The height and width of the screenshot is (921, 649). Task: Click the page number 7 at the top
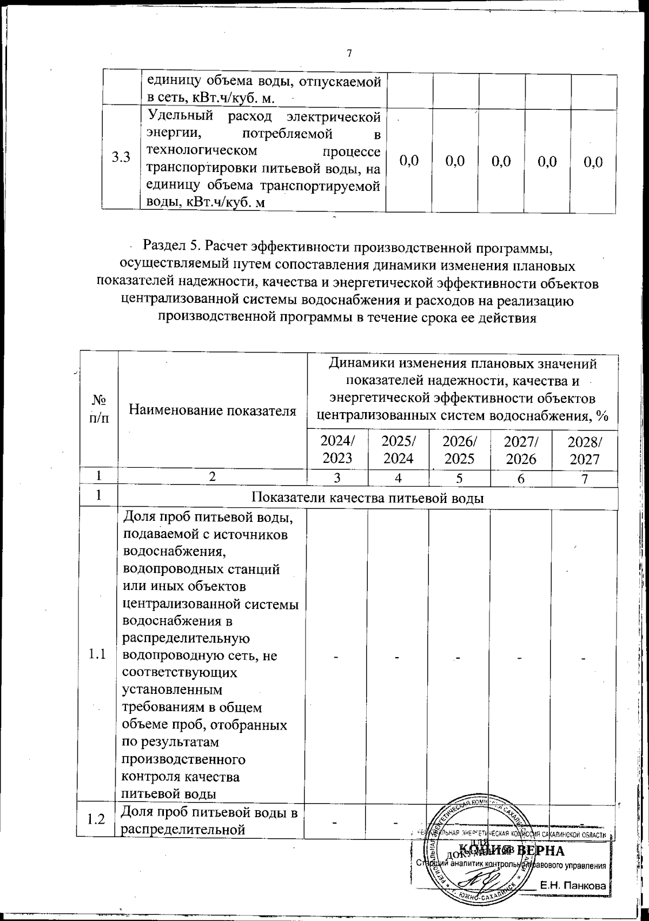(349, 53)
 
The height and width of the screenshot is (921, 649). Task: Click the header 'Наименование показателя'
(213, 410)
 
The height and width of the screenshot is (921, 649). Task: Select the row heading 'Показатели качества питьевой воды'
(368, 498)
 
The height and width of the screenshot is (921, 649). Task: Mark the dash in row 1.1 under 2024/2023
(336, 657)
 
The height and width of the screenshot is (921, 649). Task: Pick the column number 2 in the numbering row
(213, 477)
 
